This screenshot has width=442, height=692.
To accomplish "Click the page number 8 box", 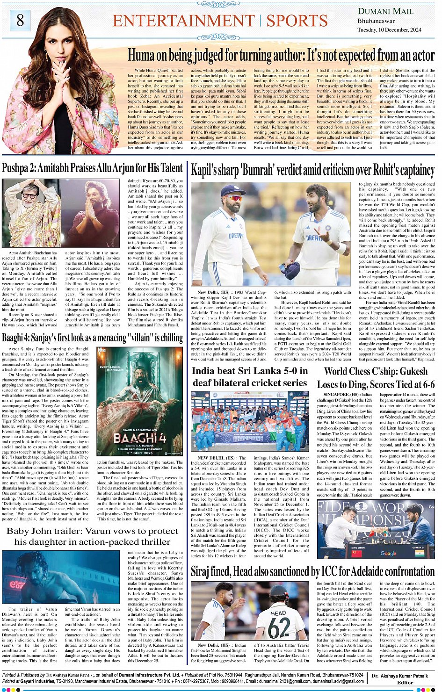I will click(x=20, y=20).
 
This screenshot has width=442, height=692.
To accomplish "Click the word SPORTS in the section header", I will click(x=297, y=21).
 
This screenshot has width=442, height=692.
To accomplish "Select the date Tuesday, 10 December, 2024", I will click(x=390, y=30).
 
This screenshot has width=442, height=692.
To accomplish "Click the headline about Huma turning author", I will click(x=281, y=56).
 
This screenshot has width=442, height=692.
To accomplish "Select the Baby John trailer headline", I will click(x=92, y=536).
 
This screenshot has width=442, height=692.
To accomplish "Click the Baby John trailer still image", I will click(x=61, y=577).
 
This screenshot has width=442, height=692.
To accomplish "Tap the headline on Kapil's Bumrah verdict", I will click(x=312, y=170).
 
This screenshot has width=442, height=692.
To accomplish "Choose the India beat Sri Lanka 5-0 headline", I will click(x=250, y=377).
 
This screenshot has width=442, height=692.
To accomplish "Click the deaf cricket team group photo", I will click(x=249, y=421).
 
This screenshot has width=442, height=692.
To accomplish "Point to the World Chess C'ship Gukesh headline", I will click(x=376, y=378).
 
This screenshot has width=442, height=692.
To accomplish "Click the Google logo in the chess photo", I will click(x=388, y=553).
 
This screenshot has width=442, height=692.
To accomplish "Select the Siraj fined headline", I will click(x=312, y=571).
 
